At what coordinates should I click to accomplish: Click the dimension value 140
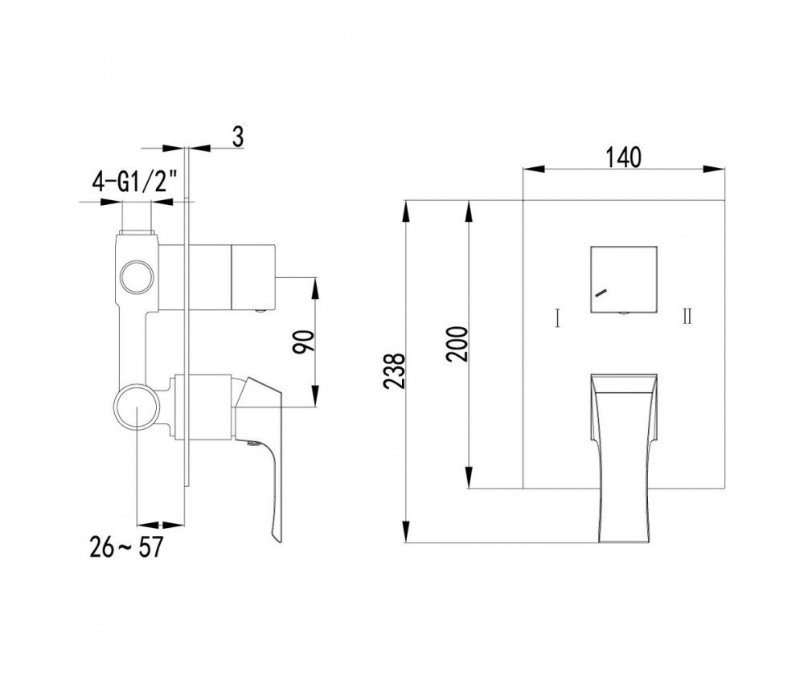pos(624,157)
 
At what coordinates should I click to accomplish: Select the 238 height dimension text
pos(396,371)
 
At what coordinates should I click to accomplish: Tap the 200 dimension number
pos(457,344)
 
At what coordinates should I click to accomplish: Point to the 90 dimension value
pos(303,341)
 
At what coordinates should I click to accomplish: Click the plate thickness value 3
pos(238,137)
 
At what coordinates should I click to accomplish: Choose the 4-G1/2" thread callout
pos(135,182)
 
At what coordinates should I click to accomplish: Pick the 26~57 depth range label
pos(126,546)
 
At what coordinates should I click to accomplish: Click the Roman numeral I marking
pos(557,317)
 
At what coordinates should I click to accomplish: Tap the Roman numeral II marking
pos(687,317)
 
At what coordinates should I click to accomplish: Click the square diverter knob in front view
pos(624,280)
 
